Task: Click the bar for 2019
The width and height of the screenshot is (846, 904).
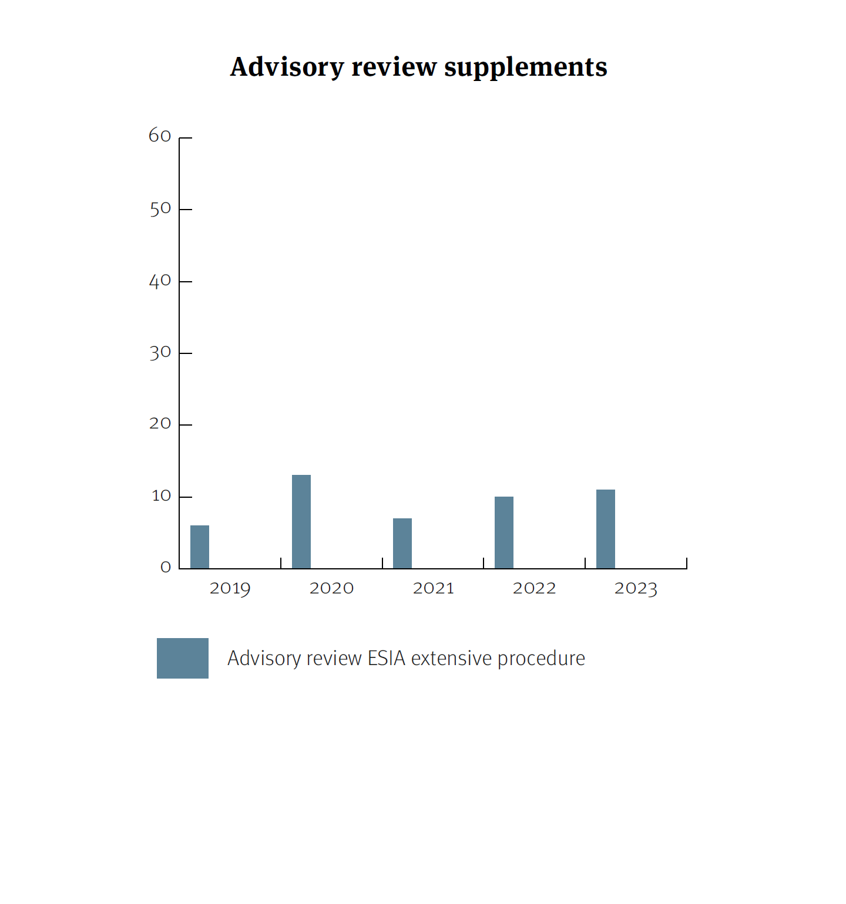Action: [200, 547]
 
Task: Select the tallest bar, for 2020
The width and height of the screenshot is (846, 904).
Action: [301, 521]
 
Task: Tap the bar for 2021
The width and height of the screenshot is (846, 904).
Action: [402, 543]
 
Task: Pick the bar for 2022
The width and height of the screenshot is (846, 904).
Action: [504, 532]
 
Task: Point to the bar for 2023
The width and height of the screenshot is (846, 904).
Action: [606, 529]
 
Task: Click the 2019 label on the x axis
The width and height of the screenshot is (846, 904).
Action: [230, 588]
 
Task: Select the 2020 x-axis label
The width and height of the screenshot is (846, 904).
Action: [331, 588]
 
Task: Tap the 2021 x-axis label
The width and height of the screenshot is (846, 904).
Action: [434, 588]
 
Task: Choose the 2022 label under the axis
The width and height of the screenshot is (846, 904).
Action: [534, 588]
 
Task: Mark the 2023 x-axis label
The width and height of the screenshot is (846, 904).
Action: [636, 588]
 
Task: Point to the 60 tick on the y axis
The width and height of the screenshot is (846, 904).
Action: [160, 136]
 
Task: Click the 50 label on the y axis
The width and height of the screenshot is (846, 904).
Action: [160, 209]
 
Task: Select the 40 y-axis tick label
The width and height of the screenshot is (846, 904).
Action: [160, 281]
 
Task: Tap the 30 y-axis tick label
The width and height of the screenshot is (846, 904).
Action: [160, 353]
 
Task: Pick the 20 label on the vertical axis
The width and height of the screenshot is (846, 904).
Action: [160, 424]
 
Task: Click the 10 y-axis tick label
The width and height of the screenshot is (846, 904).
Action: [161, 497]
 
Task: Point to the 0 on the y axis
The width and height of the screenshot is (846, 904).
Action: [166, 568]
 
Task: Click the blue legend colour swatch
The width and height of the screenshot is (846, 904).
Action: [183, 658]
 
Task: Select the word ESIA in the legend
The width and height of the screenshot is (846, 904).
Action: [387, 659]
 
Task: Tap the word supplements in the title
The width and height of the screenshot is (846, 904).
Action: [526, 67]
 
